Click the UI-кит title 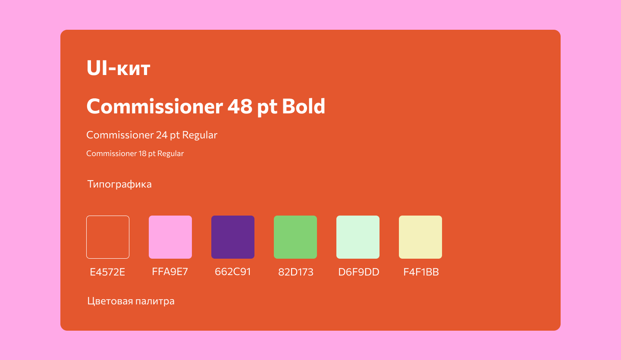118,68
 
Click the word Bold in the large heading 304,106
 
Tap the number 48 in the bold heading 240,106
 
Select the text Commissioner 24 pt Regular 152,135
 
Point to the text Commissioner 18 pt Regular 135,153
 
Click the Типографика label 119,184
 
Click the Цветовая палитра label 131,301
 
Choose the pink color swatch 170,237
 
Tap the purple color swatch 233,237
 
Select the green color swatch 295,237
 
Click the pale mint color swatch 358,237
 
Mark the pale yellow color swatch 420,237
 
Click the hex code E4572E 107,272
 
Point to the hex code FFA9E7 170,272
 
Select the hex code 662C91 233,272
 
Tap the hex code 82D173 296,272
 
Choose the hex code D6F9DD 359,272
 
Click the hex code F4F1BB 421,272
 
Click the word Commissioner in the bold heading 155,106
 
